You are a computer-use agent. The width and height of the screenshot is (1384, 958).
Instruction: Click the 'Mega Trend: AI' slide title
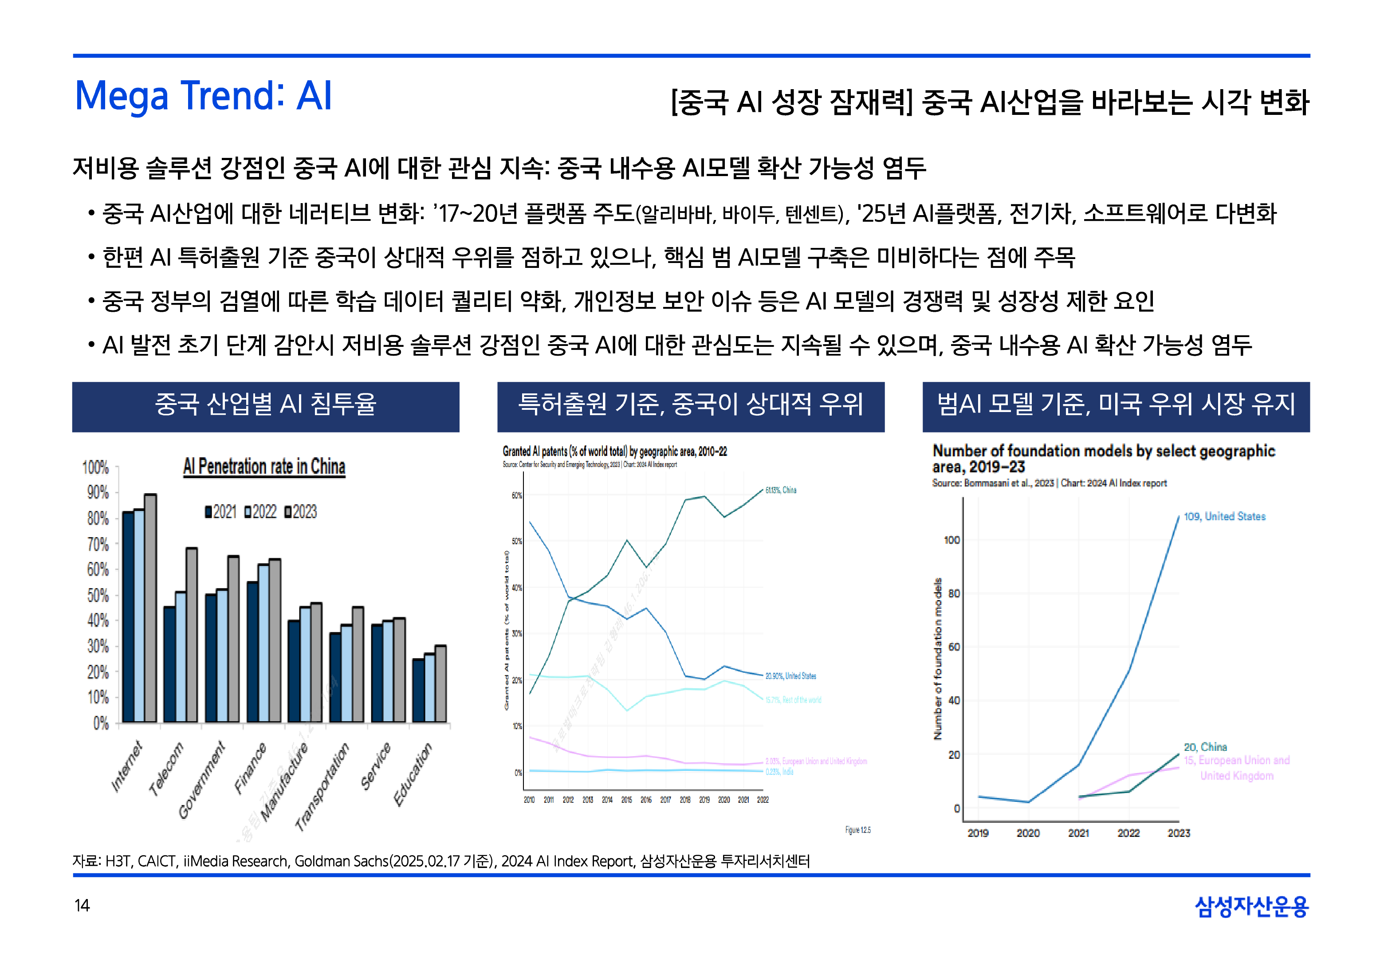[x=203, y=96]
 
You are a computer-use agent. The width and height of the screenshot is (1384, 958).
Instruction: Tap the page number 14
[x=82, y=905]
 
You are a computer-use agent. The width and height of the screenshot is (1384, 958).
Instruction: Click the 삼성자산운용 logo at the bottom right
[x=1251, y=906]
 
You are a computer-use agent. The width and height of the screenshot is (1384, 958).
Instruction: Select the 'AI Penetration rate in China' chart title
[x=264, y=467]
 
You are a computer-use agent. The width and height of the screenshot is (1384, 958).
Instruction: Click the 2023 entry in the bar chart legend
[x=301, y=511]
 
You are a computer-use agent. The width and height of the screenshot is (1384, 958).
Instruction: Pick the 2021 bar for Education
[x=418, y=690]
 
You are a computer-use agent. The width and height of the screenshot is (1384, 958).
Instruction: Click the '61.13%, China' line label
[x=781, y=490]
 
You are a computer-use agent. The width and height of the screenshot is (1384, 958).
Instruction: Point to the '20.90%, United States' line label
[x=790, y=676]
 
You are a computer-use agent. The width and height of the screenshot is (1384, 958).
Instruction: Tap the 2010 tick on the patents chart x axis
[x=529, y=800]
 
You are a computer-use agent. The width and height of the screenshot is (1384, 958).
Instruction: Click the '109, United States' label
[x=1224, y=516]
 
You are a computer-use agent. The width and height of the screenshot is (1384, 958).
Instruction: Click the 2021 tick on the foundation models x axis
[x=1078, y=832]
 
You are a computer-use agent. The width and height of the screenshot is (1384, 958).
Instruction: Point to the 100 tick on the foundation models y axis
[x=952, y=540]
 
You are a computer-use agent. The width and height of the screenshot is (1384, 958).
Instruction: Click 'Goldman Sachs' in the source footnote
[x=342, y=861]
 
